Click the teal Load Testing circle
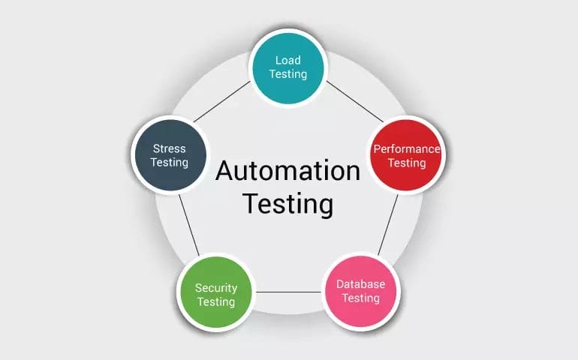(x=288, y=68)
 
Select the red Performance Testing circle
(x=406, y=155)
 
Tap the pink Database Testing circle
(x=361, y=292)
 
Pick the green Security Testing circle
(x=216, y=292)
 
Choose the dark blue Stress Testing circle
(x=170, y=155)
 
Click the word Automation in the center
(x=288, y=170)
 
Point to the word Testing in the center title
(x=288, y=204)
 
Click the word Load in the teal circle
(x=288, y=61)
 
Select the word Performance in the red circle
(x=407, y=148)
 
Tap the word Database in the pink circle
(x=361, y=284)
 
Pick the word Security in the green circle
(x=216, y=288)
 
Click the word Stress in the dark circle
(x=169, y=148)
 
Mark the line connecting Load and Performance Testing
(x=355, y=102)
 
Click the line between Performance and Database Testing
(x=388, y=225)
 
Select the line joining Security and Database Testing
(x=289, y=292)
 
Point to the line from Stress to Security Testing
(x=189, y=225)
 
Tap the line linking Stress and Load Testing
(x=221, y=102)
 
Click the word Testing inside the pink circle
(x=361, y=298)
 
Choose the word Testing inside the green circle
(x=216, y=301)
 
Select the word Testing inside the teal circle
(x=288, y=74)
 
